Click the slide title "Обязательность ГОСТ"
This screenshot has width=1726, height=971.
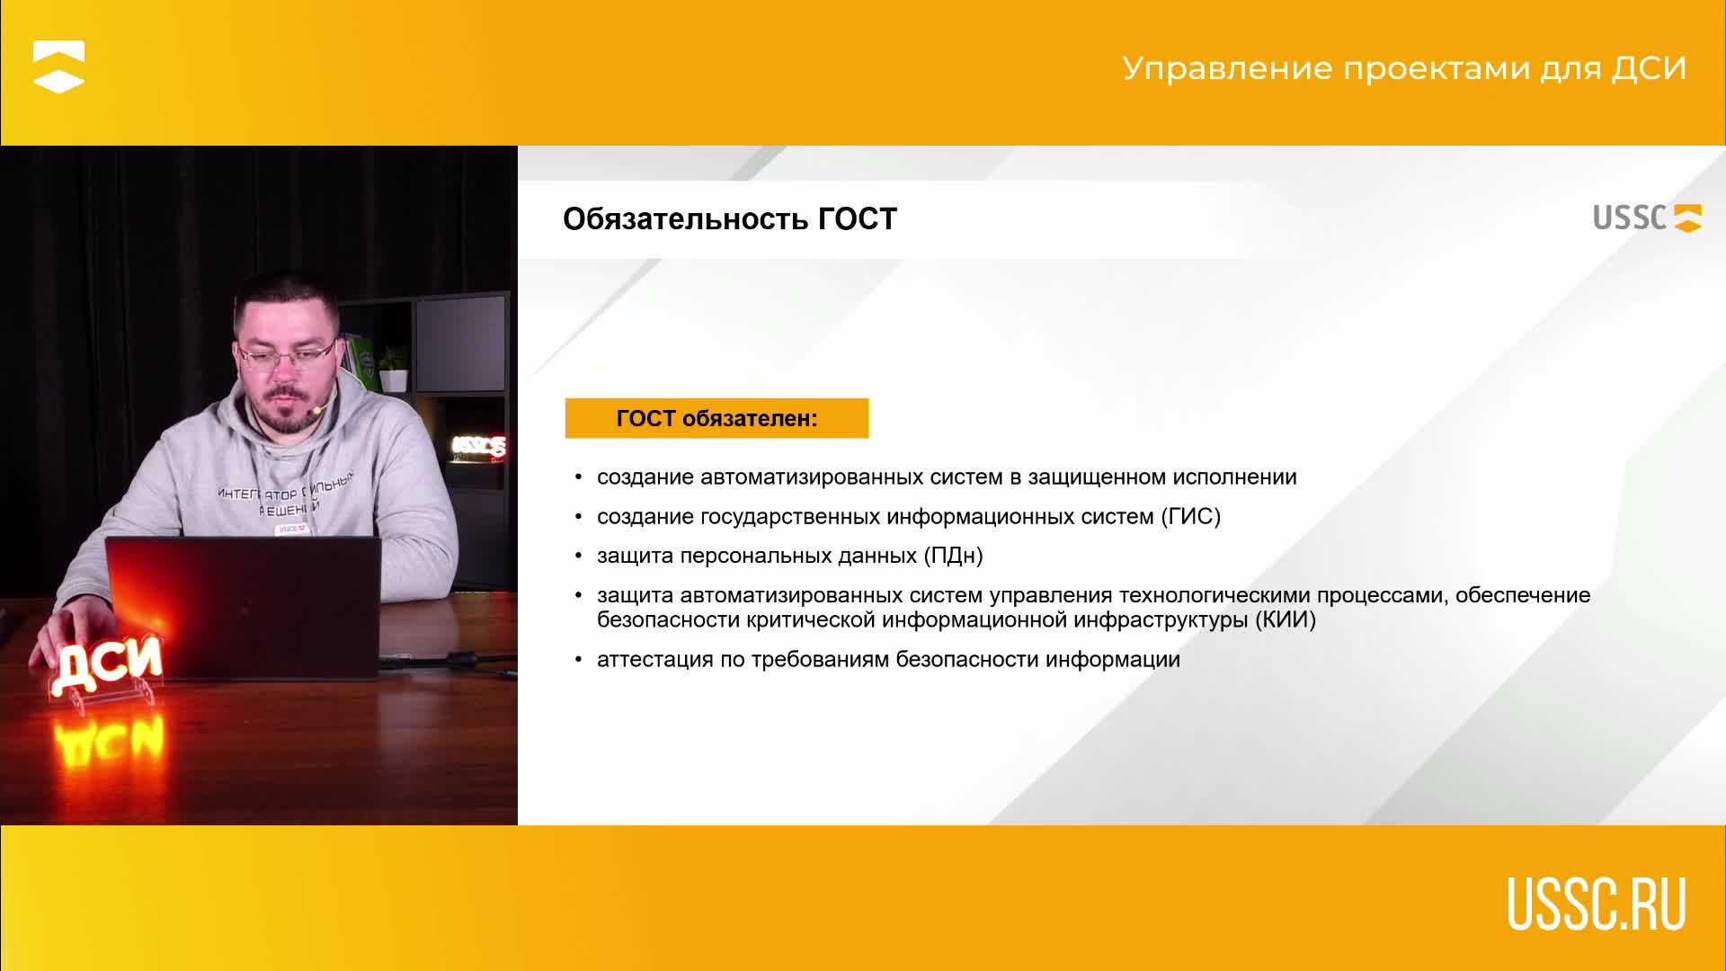click(x=730, y=219)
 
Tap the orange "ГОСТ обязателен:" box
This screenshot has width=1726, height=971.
click(x=716, y=418)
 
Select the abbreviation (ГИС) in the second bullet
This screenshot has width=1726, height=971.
click(x=1190, y=517)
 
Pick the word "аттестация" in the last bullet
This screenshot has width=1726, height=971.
click(x=655, y=660)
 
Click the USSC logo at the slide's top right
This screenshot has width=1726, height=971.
click(x=1647, y=218)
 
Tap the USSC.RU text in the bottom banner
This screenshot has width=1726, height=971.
click(x=1597, y=904)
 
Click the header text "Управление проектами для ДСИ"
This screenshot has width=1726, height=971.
click(x=1404, y=69)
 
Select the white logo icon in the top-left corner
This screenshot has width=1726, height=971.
click(x=58, y=67)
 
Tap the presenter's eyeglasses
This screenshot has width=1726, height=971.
click(x=286, y=357)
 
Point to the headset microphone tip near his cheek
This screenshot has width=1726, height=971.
click(x=316, y=410)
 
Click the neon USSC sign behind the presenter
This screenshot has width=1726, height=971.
click(x=478, y=446)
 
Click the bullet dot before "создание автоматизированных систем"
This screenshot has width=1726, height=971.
click(x=579, y=477)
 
